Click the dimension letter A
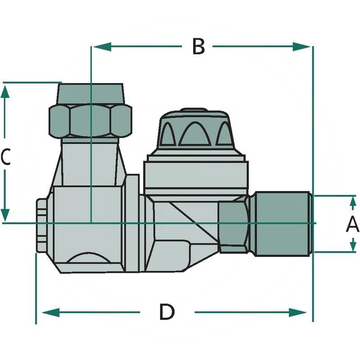coord(352,224)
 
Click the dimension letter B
coord(198,46)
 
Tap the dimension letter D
coord(166,312)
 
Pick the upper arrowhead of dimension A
coord(352,202)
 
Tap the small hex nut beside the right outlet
coord(233,224)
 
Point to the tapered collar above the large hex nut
coord(90,93)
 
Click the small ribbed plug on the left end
coord(41,225)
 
